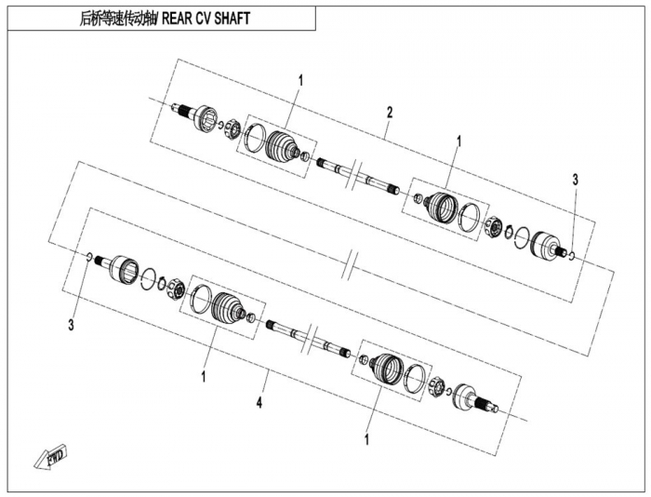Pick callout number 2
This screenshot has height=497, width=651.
(390, 113)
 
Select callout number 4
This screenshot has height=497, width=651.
(260, 403)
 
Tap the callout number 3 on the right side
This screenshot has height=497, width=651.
(575, 179)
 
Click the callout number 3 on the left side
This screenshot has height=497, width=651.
(71, 325)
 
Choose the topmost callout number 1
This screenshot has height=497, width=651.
(300, 81)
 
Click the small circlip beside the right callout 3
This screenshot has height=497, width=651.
(571, 254)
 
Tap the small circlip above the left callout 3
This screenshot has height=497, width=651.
(88, 257)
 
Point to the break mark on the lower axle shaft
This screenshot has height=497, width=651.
(312, 335)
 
